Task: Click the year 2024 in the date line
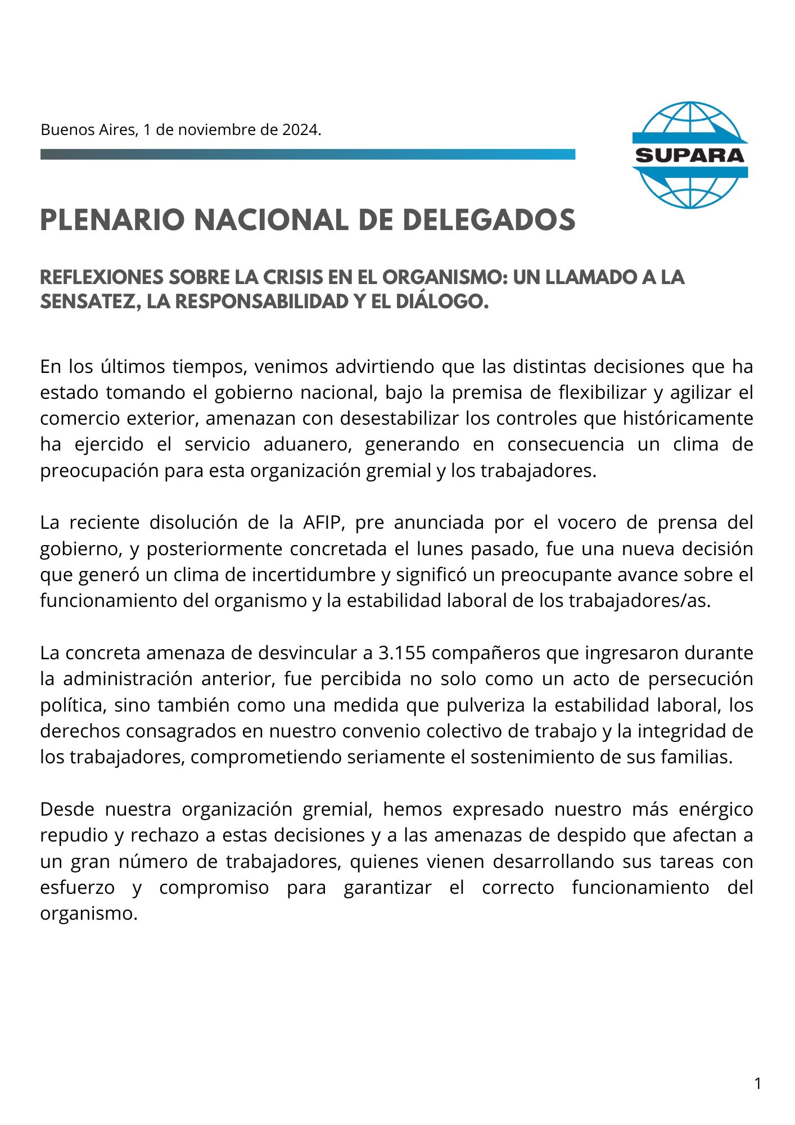coord(300,130)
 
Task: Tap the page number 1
coord(757,1083)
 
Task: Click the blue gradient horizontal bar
coord(308,154)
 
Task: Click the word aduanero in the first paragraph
coord(307,444)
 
